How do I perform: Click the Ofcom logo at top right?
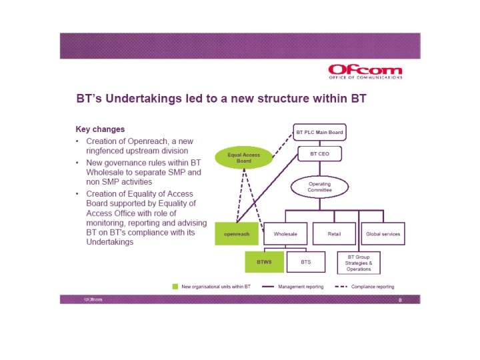tap(365, 70)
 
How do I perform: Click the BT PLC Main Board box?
tap(319, 132)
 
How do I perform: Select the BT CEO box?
tap(319, 154)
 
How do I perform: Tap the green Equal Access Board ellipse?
tap(243, 158)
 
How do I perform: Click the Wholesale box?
tap(285, 234)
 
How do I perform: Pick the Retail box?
tap(334, 234)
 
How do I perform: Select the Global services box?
tap(383, 234)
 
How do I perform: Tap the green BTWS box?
tap(265, 262)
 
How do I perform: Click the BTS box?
tap(306, 262)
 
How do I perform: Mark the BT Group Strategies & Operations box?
tap(359, 262)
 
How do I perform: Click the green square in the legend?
tap(175, 287)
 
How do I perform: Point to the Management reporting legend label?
tap(301, 287)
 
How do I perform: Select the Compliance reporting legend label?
tap(373, 287)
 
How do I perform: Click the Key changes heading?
tap(100, 129)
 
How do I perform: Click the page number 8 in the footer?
tap(399, 300)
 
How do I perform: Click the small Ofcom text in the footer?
tap(93, 300)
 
